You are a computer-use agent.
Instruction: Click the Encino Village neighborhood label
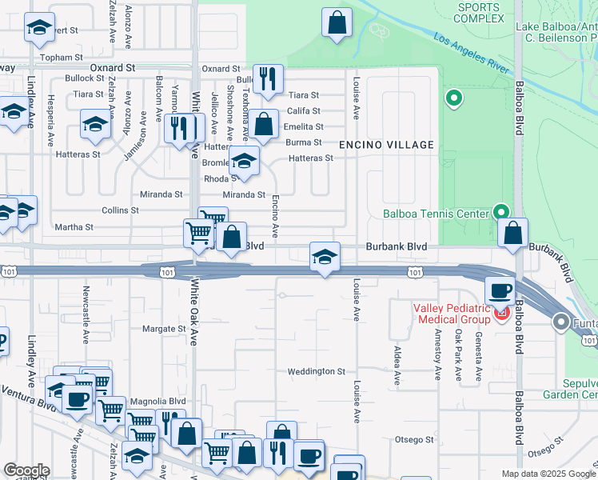point(387,145)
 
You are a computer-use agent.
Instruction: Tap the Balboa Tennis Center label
point(435,214)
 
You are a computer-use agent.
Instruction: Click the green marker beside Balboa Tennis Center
point(501,212)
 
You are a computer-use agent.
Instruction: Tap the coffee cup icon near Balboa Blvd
point(500,290)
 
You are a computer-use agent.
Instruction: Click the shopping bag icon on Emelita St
point(262,125)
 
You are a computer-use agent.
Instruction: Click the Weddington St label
point(317,372)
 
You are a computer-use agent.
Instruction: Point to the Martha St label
point(74,227)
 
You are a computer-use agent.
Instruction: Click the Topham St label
point(63,58)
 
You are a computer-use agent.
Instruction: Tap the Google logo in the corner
point(26,470)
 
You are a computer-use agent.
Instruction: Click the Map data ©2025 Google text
point(548,474)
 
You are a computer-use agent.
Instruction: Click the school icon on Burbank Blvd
point(325,258)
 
